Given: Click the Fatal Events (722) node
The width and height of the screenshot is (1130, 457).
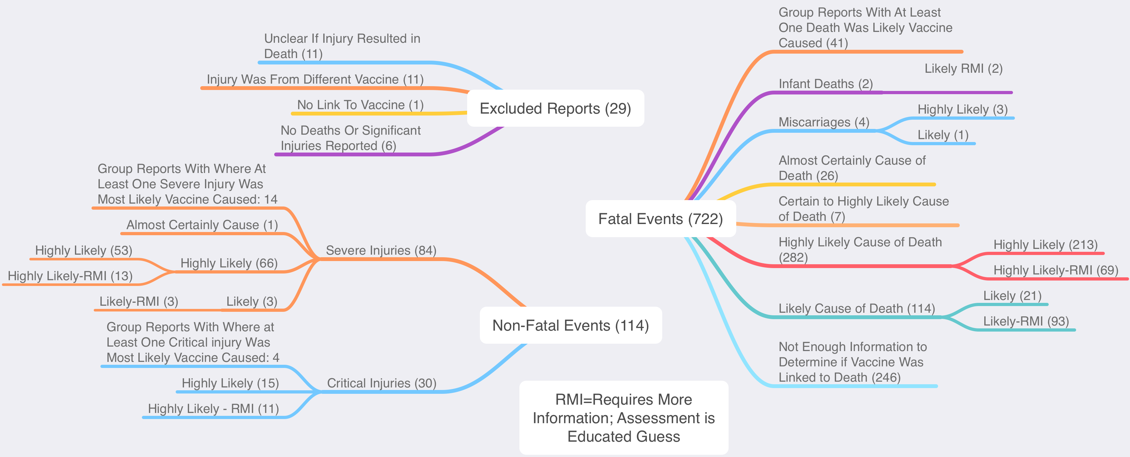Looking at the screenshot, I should click(x=660, y=219).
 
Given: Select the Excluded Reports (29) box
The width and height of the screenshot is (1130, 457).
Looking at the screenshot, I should click(x=555, y=109).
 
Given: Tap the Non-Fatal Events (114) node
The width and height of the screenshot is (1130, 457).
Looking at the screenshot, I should click(x=570, y=325).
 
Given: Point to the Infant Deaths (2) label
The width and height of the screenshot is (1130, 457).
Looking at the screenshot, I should click(x=825, y=84).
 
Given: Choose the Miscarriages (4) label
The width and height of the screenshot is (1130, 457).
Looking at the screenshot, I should click(x=823, y=122).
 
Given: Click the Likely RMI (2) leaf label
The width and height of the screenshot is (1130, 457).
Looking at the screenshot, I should click(x=963, y=69).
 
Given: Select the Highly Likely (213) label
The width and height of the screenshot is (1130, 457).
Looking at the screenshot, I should click(x=1045, y=244).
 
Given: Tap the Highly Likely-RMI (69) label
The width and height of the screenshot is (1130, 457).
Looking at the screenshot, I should click(x=1055, y=270).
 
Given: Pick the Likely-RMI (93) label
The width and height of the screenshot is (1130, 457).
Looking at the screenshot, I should click(x=1026, y=321).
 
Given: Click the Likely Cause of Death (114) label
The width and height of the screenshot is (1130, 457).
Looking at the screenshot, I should click(x=856, y=309).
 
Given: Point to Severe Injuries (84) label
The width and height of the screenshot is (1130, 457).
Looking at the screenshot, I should click(x=381, y=250).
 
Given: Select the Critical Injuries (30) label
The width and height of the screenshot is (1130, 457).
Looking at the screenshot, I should click(x=382, y=383).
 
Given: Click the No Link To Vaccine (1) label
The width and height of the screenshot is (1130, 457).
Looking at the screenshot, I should click(x=360, y=105).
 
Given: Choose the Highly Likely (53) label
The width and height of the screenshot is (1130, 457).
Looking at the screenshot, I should click(x=83, y=250).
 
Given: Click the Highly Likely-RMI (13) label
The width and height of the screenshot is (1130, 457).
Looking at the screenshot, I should click(x=70, y=276).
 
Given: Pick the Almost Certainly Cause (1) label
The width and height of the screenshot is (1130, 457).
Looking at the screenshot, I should click(x=202, y=225).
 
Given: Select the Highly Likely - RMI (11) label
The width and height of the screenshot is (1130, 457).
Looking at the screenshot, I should click(x=213, y=409).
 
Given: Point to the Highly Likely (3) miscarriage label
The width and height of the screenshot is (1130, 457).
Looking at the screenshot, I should click(x=962, y=109).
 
